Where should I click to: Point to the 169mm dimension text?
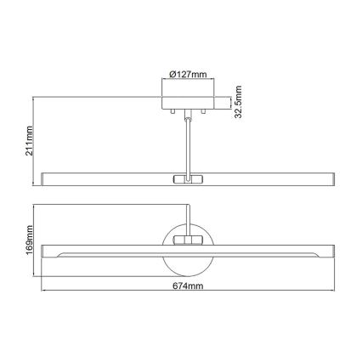(x=27, y=241)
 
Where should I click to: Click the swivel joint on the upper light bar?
(x=184, y=178)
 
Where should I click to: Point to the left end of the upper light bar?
(x=45, y=178)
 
